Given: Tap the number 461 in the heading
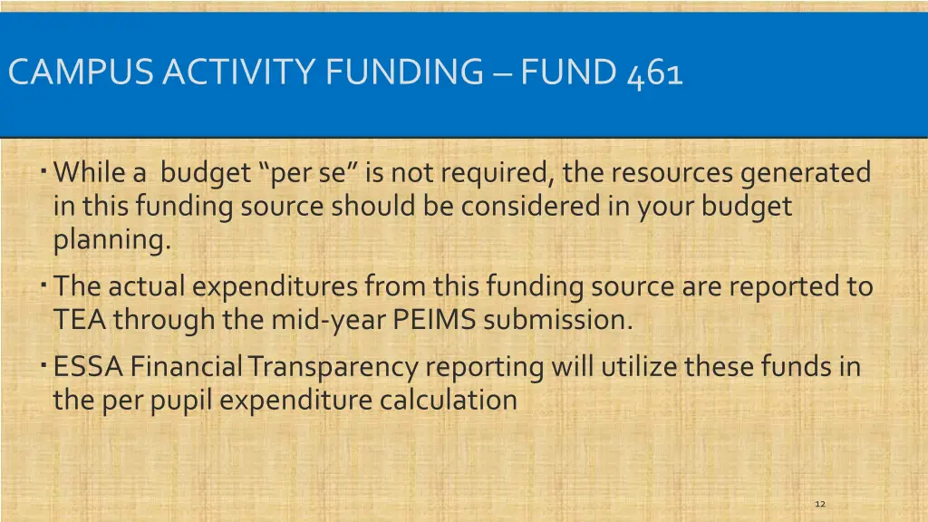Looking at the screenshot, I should (653, 72).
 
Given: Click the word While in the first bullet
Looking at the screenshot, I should (92, 172).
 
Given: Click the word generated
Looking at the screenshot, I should (806, 172).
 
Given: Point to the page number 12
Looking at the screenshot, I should (820, 503).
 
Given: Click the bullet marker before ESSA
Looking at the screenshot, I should (43, 364).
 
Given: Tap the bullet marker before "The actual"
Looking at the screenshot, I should (43, 285).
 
